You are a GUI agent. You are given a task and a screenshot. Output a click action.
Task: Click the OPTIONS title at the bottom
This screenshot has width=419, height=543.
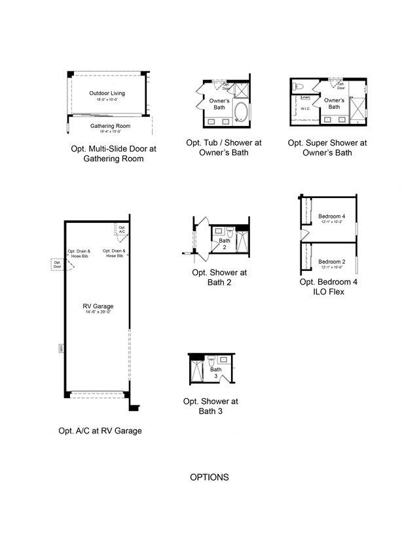209,477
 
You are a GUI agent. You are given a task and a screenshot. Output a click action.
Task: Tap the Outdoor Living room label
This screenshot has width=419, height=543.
107,94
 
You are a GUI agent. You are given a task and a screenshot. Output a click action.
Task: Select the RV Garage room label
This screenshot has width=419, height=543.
98,306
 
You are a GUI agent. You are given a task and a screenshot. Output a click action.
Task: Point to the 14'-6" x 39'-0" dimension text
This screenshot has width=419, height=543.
98,312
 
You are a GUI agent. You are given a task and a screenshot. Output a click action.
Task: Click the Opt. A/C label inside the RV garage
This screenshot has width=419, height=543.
122,230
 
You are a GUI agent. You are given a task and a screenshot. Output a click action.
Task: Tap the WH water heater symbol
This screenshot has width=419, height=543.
60,348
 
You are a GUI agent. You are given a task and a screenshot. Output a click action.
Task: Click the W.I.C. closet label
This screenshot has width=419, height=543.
304,109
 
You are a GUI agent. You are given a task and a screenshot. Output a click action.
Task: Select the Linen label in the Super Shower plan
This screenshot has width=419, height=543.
305,97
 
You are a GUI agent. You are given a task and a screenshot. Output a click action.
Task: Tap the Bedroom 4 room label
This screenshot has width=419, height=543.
331,216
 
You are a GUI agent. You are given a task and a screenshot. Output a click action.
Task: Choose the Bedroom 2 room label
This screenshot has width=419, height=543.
331,262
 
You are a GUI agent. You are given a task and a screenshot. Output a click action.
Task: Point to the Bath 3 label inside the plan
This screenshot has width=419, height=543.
216,372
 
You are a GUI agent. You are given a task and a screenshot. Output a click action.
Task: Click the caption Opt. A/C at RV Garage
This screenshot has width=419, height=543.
100,431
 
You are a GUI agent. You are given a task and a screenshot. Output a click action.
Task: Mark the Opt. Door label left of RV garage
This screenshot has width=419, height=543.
57,264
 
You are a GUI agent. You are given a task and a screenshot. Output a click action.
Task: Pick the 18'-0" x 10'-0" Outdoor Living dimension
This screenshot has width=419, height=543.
107,100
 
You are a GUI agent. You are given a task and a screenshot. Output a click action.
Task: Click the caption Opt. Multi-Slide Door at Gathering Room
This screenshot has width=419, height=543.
114,153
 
